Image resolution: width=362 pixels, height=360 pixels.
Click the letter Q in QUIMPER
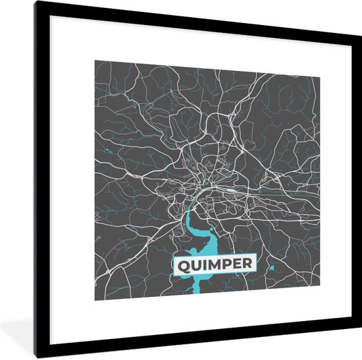[x=182, y=265]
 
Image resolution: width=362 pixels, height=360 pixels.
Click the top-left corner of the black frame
[x=38, y=3]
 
